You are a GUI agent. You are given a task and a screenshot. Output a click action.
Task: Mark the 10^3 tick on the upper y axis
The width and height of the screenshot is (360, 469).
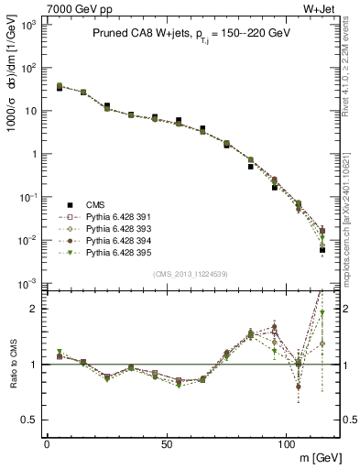[x=28, y=25]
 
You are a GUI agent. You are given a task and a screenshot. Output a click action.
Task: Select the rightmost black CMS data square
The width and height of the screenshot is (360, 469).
[x=322, y=249]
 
